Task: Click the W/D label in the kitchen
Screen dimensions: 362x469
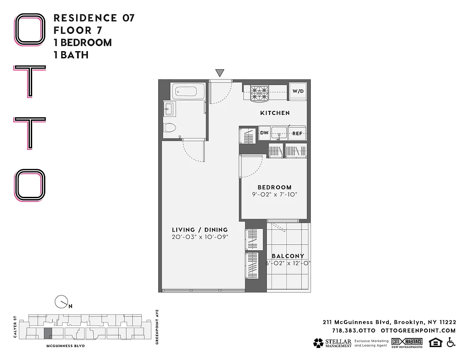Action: pos(298,91)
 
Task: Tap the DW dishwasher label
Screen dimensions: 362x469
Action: pos(264,133)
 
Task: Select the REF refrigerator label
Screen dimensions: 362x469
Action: pos(297,133)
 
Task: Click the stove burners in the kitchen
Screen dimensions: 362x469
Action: pos(260,93)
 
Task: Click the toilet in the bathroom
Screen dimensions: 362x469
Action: pos(170,127)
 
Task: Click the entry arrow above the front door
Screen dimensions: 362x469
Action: pos(220,73)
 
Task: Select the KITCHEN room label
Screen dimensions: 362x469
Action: pos(275,113)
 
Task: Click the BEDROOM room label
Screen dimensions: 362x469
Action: pos(275,187)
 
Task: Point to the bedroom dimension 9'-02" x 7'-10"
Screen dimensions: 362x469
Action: pos(275,195)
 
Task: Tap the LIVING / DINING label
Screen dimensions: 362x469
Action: pos(200,229)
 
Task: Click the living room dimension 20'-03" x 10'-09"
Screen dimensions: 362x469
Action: pos(200,237)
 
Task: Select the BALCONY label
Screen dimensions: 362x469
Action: pos(288,256)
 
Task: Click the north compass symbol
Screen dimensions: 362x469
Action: pos(61,302)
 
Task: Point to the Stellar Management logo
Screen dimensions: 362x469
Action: pos(332,343)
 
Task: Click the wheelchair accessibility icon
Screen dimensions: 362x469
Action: pos(451,343)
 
